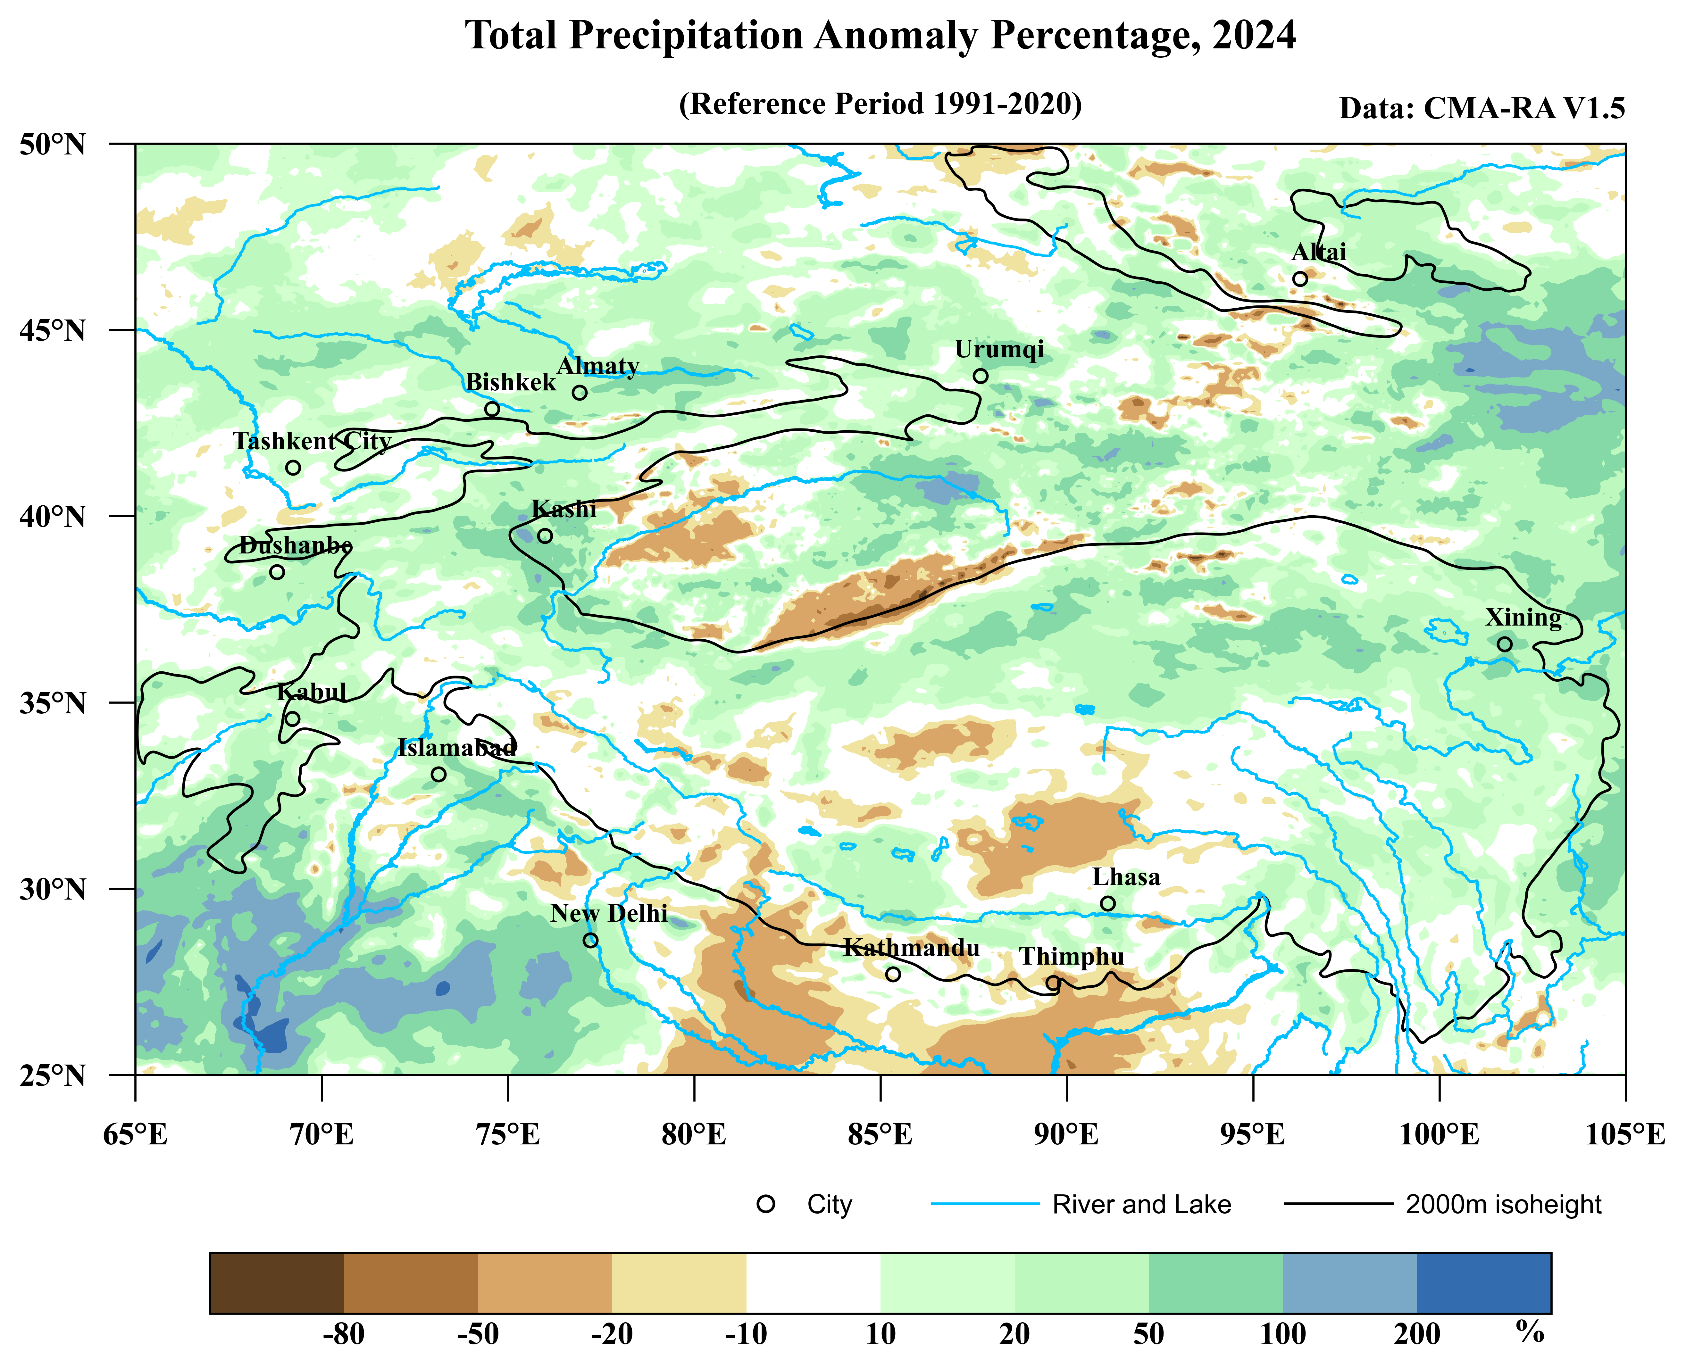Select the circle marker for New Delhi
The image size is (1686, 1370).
click(x=590, y=940)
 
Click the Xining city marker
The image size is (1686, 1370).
click(x=1505, y=644)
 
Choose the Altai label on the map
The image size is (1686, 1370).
click(x=1319, y=253)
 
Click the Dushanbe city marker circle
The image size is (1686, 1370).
click(x=277, y=572)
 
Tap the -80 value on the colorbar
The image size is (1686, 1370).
click(x=344, y=1334)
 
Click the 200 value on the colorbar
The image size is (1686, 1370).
click(x=1417, y=1334)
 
